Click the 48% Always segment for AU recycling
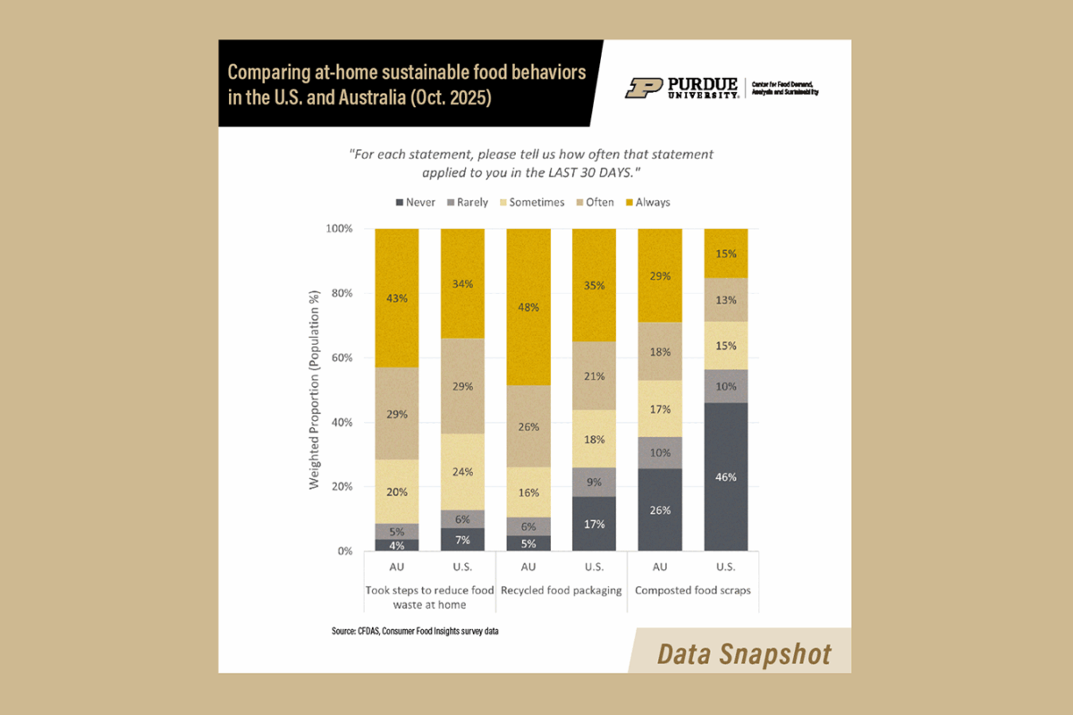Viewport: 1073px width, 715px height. click(528, 307)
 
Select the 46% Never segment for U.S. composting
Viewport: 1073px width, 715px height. click(726, 476)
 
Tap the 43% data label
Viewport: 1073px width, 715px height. click(397, 298)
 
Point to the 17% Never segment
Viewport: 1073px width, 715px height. click(595, 524)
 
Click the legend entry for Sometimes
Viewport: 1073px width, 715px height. click(530, 202)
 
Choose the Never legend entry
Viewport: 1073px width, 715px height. click(415, 202)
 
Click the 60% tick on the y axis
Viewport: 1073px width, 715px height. click(341, 357)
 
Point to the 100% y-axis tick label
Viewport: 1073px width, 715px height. click(338, 229)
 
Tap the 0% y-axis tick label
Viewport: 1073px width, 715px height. click(343, 551)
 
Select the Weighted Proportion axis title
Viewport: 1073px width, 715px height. click(315, 390)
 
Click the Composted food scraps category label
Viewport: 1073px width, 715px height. click(693, 591)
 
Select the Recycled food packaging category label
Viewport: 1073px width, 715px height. click(561, 591)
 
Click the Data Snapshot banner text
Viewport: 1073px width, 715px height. click(744, 653)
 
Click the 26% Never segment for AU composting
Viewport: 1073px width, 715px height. click(660, 509)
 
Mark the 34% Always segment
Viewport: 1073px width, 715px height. click(462, 283)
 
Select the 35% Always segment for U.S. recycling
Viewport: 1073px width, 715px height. click(595, 285)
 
